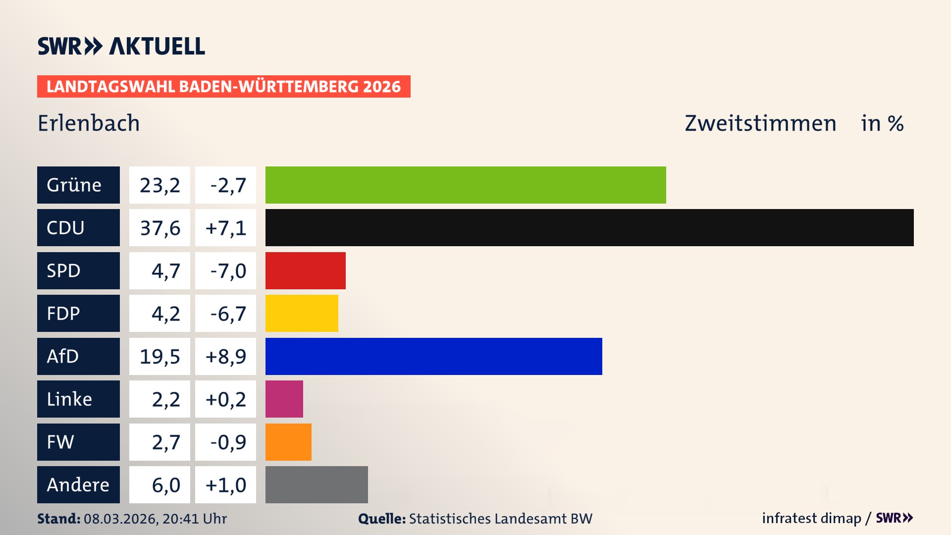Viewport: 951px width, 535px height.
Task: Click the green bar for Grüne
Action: pos(466,185)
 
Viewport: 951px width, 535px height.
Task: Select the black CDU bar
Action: pos(589,228)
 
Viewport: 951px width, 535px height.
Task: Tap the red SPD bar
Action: pos(305,270)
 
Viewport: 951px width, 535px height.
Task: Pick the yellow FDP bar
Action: pos(302,313)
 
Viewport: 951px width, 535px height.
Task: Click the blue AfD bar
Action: pos(433,356)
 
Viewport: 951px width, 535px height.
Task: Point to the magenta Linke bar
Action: pos(284,399)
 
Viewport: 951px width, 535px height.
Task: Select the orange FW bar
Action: pos(288,442)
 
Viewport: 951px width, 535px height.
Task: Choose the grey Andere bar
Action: pos(317,484)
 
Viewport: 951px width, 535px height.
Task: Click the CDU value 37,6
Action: pos(159,228)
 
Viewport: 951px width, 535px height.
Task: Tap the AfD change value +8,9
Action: pos(226,356)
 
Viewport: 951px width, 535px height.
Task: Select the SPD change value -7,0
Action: pos(228,270)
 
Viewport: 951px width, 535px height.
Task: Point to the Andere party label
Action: pos(78,484)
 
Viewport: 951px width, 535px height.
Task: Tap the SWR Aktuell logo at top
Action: pos(121,46)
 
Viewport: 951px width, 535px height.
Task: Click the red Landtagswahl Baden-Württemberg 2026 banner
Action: pos(223,86)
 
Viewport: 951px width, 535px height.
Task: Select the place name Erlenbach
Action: pos(89,123)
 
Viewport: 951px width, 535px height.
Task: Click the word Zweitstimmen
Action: pos(760,123)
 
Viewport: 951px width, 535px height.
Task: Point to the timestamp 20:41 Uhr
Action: pos(194,519)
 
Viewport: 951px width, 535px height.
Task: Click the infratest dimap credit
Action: pos(811,518)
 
